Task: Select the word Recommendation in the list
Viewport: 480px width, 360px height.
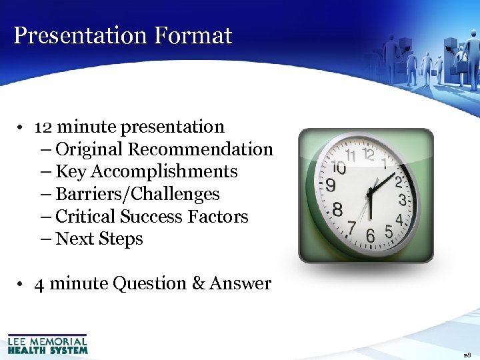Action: [x=200, y=149]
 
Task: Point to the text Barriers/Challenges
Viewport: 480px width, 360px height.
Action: [x=137, y=194]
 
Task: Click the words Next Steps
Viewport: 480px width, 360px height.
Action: [x=99, y=239]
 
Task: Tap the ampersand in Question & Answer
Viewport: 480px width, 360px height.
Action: [x=199, y=283]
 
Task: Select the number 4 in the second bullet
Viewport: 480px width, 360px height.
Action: [x=39, y=284]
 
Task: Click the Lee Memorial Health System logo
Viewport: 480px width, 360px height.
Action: [x=47, y=344]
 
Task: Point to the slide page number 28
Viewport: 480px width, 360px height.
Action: [x=467, y=355]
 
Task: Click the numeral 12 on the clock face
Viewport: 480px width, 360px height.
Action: [x=367, y=154]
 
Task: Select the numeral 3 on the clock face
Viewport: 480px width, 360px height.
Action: [x=403, y=199]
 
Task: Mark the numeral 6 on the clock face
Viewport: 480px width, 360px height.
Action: [x=371, y=234]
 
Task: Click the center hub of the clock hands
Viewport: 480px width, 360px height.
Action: [x=369, y=193]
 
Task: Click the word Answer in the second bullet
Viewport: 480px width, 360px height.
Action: [x=240, y=283]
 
